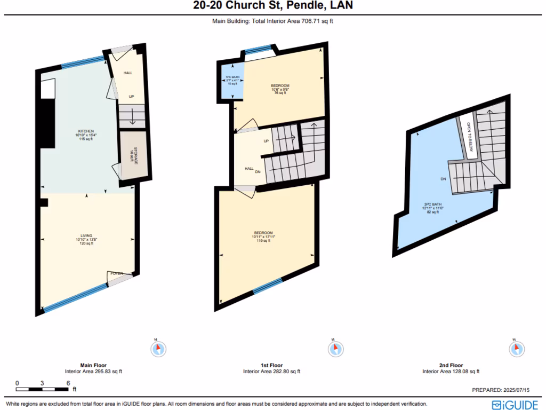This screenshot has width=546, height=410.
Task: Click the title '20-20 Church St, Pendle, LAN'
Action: [x=272, y=6]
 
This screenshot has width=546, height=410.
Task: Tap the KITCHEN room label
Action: [x=86, y=131]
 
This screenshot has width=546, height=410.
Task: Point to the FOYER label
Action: [x=116, y=274]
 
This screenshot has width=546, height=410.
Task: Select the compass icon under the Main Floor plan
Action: [x=158, y=349]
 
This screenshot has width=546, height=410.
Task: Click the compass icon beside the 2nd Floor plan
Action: [x=516, y=349]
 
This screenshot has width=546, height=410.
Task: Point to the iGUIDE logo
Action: [x=515, y=405]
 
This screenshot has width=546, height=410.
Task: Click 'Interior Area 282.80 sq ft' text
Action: [x=271, y=372]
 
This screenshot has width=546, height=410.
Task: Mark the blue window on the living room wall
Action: [x=75, y=297]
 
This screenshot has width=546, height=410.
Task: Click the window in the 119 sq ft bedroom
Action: [x=267, y=287]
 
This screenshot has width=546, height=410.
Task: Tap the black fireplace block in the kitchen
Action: [x=47, y=123]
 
